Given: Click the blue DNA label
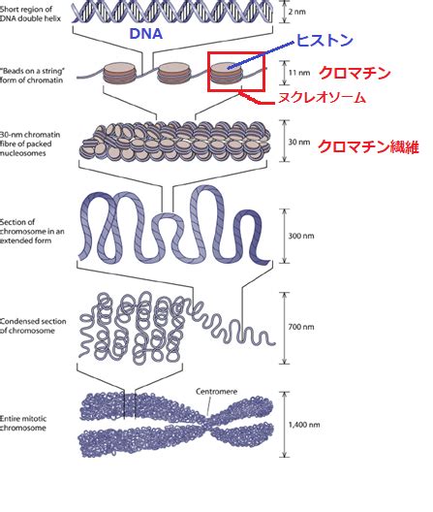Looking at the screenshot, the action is [146, 34].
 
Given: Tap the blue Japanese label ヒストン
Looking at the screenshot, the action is [325, 41].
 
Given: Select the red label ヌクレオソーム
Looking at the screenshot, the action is [322, 98].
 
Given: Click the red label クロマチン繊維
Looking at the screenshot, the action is [368, 147].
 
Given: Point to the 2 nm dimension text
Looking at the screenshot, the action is [297, 12].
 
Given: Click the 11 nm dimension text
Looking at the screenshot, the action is [299, 72].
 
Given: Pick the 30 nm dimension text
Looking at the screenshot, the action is [299, 142].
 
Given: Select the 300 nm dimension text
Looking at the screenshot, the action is [301, 236].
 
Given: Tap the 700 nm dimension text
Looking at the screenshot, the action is [301, 327].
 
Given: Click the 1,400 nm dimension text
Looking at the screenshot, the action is [304, 425].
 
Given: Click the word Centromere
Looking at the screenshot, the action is [216, 391].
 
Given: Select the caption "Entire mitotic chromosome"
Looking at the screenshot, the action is [23, 423].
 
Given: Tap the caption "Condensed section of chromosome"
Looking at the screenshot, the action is [33, 326].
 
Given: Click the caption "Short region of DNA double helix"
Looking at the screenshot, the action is [30, 14].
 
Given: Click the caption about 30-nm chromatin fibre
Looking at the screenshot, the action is [30, 144].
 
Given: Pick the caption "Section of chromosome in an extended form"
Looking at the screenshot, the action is [32, 231].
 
